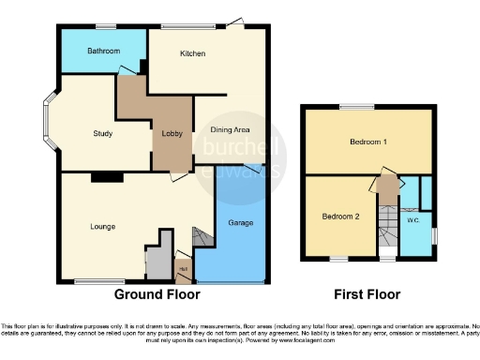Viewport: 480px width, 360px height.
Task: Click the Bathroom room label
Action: coord(102,51)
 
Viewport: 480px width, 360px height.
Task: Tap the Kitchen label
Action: coord(192,54)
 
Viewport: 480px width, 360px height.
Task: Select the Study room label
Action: coord(103,134)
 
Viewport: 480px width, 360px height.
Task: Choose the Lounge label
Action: coord(103,226)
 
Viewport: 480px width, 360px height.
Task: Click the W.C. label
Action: coord(412,221)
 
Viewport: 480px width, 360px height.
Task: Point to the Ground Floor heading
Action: coord(157,294)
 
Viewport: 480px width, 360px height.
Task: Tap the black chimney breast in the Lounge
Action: coord(107,176)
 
